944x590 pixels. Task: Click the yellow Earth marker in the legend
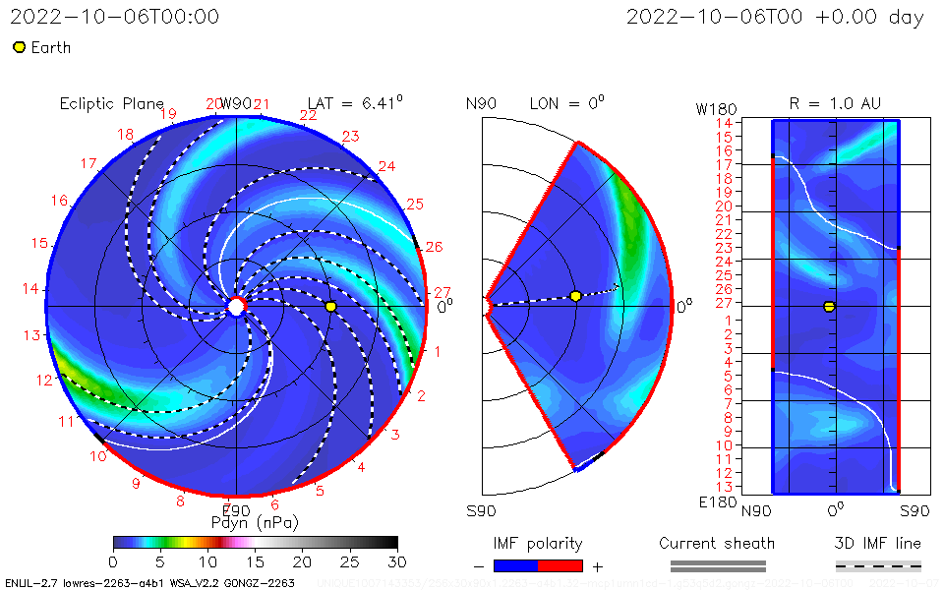click(x=19, y=47)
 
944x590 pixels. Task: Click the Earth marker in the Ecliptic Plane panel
click(x=330, y=307)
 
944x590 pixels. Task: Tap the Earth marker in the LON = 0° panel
click(x=575, y=296)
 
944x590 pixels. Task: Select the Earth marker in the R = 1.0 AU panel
click(x=829, y=307)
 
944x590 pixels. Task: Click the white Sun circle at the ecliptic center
click(x=236, y=307)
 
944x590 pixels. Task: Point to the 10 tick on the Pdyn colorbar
click(x=207, y=560)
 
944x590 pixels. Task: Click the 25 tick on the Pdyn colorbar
click(x=350, y=560)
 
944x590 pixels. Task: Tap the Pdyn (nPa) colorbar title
click(x=255, y=522)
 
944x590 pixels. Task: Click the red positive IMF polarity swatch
click(x=560, y=565)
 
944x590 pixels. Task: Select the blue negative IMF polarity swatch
click(x=515, y=565)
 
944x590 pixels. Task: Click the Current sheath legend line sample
click(x=718, y=565)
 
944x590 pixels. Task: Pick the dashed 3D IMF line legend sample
click(x=878, y=565)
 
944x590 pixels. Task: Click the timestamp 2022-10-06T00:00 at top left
click(x=115, y=18)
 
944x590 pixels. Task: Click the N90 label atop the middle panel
click(x=482, y=104)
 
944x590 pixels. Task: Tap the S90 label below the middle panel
click(x=481, y=510)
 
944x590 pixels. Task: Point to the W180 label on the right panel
click(x=714, y=107)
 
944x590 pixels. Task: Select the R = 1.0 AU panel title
click(x=835, y=103)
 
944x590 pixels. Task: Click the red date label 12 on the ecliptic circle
click(x=44, y=380)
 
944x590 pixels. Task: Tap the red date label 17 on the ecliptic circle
click(x=88, y=163)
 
